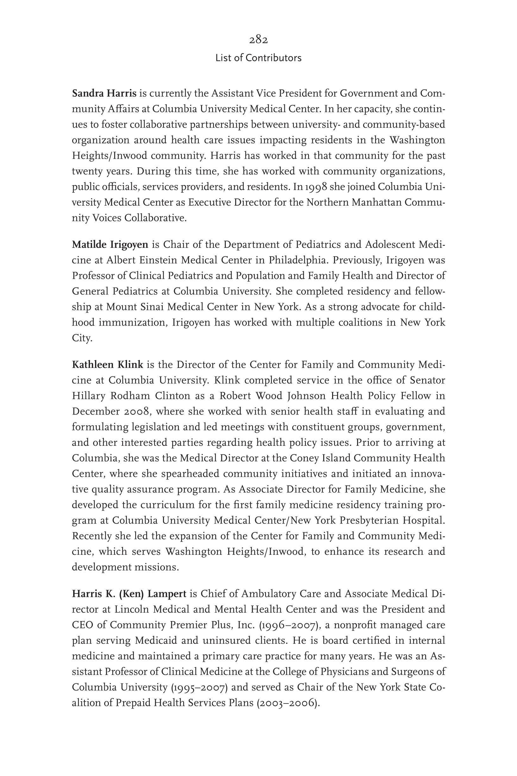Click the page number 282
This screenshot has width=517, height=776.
tap(258, 40)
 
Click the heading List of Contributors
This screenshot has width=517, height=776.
tap(258, 58)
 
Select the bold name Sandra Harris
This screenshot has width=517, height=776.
tap(104, 93)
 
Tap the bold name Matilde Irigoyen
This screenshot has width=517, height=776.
tap(110, 245)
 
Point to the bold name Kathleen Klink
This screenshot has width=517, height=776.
tap(108, 365)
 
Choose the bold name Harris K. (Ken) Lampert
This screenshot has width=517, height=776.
tap(129, 593)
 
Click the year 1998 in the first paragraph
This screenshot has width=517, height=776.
tap(316, 187)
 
